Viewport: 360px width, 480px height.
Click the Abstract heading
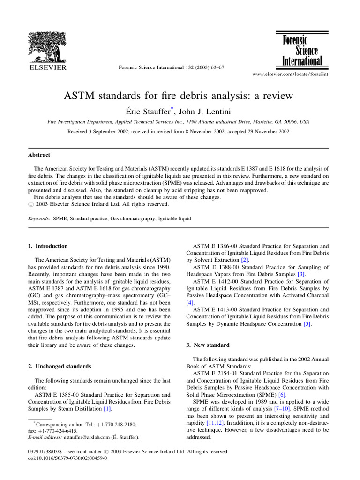(39, 155)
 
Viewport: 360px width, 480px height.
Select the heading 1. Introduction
(48, 246)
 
